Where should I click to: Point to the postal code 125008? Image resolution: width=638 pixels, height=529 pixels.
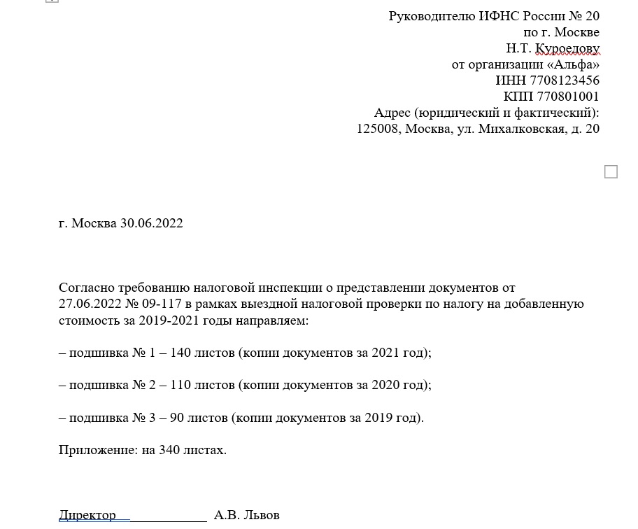[x=378, y=129]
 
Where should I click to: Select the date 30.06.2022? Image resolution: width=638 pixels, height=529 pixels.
[x=152, y=223]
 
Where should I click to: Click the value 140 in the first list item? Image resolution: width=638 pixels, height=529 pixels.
[x=180, y=353]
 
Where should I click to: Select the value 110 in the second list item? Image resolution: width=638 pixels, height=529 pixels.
[x=180, y=385]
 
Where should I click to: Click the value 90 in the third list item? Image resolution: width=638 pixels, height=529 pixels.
[x=176, y=418]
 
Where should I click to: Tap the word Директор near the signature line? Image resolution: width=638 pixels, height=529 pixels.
[x=87, y=515]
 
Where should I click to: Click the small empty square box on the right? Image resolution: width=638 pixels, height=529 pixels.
[x=611, y=171]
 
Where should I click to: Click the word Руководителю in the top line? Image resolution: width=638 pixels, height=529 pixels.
[x=432, y=16]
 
